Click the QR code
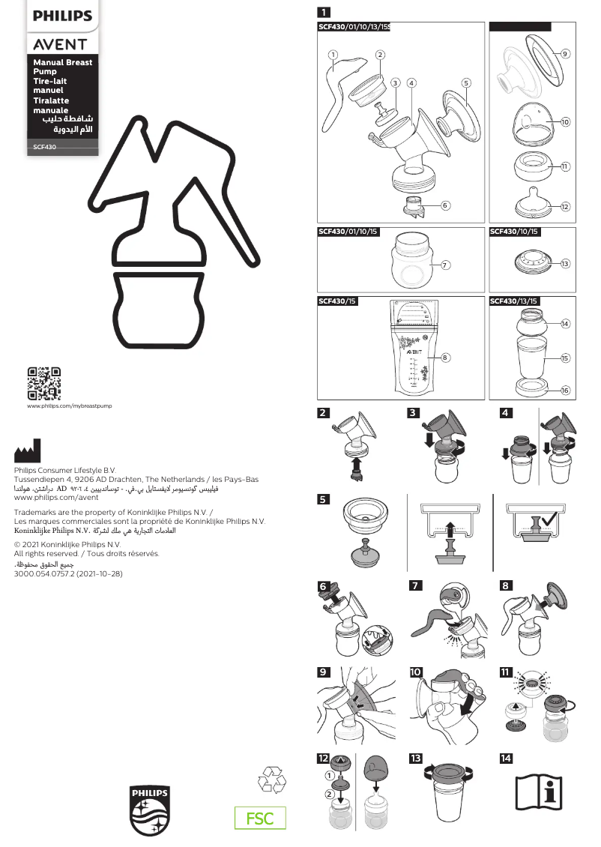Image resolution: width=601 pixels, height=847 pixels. tap(43, 383)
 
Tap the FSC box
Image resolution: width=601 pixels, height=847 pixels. tap(260, 819)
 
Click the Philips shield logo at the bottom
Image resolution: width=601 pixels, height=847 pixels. tap(150, 810)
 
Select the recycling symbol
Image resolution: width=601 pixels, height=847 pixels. tap(271, 780)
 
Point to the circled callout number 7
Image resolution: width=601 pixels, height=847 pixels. tap(445, 265)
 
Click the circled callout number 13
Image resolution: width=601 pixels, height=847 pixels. tap(565, 263)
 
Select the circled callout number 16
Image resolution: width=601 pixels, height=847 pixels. tap(565, 391)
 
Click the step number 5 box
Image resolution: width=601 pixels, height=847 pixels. tap(323, 499)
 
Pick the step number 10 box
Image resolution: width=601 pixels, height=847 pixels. tap(416, 672)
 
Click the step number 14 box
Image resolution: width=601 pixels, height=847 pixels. tap(506, 759)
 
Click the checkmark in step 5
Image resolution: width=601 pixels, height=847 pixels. tap(555, 518)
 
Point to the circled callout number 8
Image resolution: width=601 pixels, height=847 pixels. tap(445, 358)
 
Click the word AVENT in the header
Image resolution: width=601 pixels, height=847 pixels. tap(60, 44)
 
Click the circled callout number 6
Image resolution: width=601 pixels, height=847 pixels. tap(445, 205)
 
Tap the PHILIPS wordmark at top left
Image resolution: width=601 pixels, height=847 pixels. tap(62, 16)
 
